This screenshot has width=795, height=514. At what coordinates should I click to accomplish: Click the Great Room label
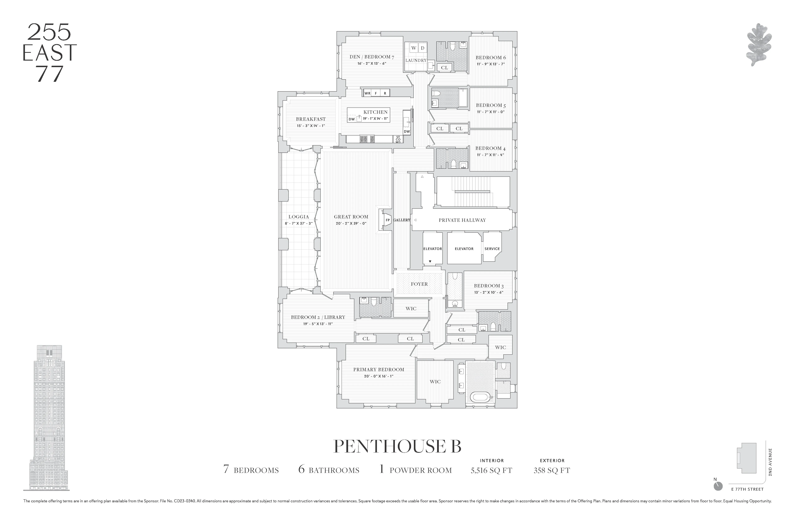tap(351, 217)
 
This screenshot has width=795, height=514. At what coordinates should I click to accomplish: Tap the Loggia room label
tap(299, 217)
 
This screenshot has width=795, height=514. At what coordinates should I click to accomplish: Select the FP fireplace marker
tap(388, 220)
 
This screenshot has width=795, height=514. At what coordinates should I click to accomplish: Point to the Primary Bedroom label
tap(378, 369)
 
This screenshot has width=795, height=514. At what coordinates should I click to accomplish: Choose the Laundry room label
tap(416, 60)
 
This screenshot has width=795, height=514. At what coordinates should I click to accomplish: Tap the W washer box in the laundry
tap(414, 48)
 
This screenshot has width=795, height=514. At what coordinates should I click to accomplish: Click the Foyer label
tap(419, 284)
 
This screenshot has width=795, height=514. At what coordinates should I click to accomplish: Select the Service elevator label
tap(492, 249)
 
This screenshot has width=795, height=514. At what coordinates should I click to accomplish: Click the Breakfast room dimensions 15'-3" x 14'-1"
tap(311, 126)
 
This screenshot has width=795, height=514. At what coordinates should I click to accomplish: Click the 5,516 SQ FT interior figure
tap(491, 470)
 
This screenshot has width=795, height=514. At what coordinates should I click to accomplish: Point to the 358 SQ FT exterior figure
tap(552, 470)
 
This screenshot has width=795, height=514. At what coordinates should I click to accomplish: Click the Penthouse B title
tap(397, 447)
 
